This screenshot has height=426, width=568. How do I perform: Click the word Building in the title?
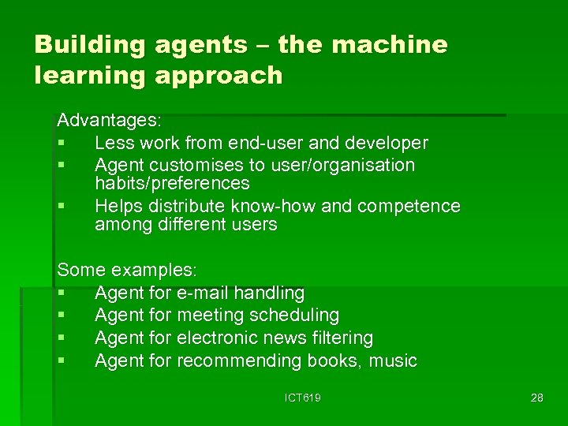(90, 45)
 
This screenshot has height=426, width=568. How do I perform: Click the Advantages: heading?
(110, 121)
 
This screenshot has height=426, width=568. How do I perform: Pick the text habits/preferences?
(172, 184)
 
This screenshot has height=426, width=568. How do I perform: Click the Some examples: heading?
(127, 270)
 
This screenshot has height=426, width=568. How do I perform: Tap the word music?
(391, 361)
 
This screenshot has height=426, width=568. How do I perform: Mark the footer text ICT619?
(303, 398)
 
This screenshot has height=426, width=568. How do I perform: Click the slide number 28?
(536, 398)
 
